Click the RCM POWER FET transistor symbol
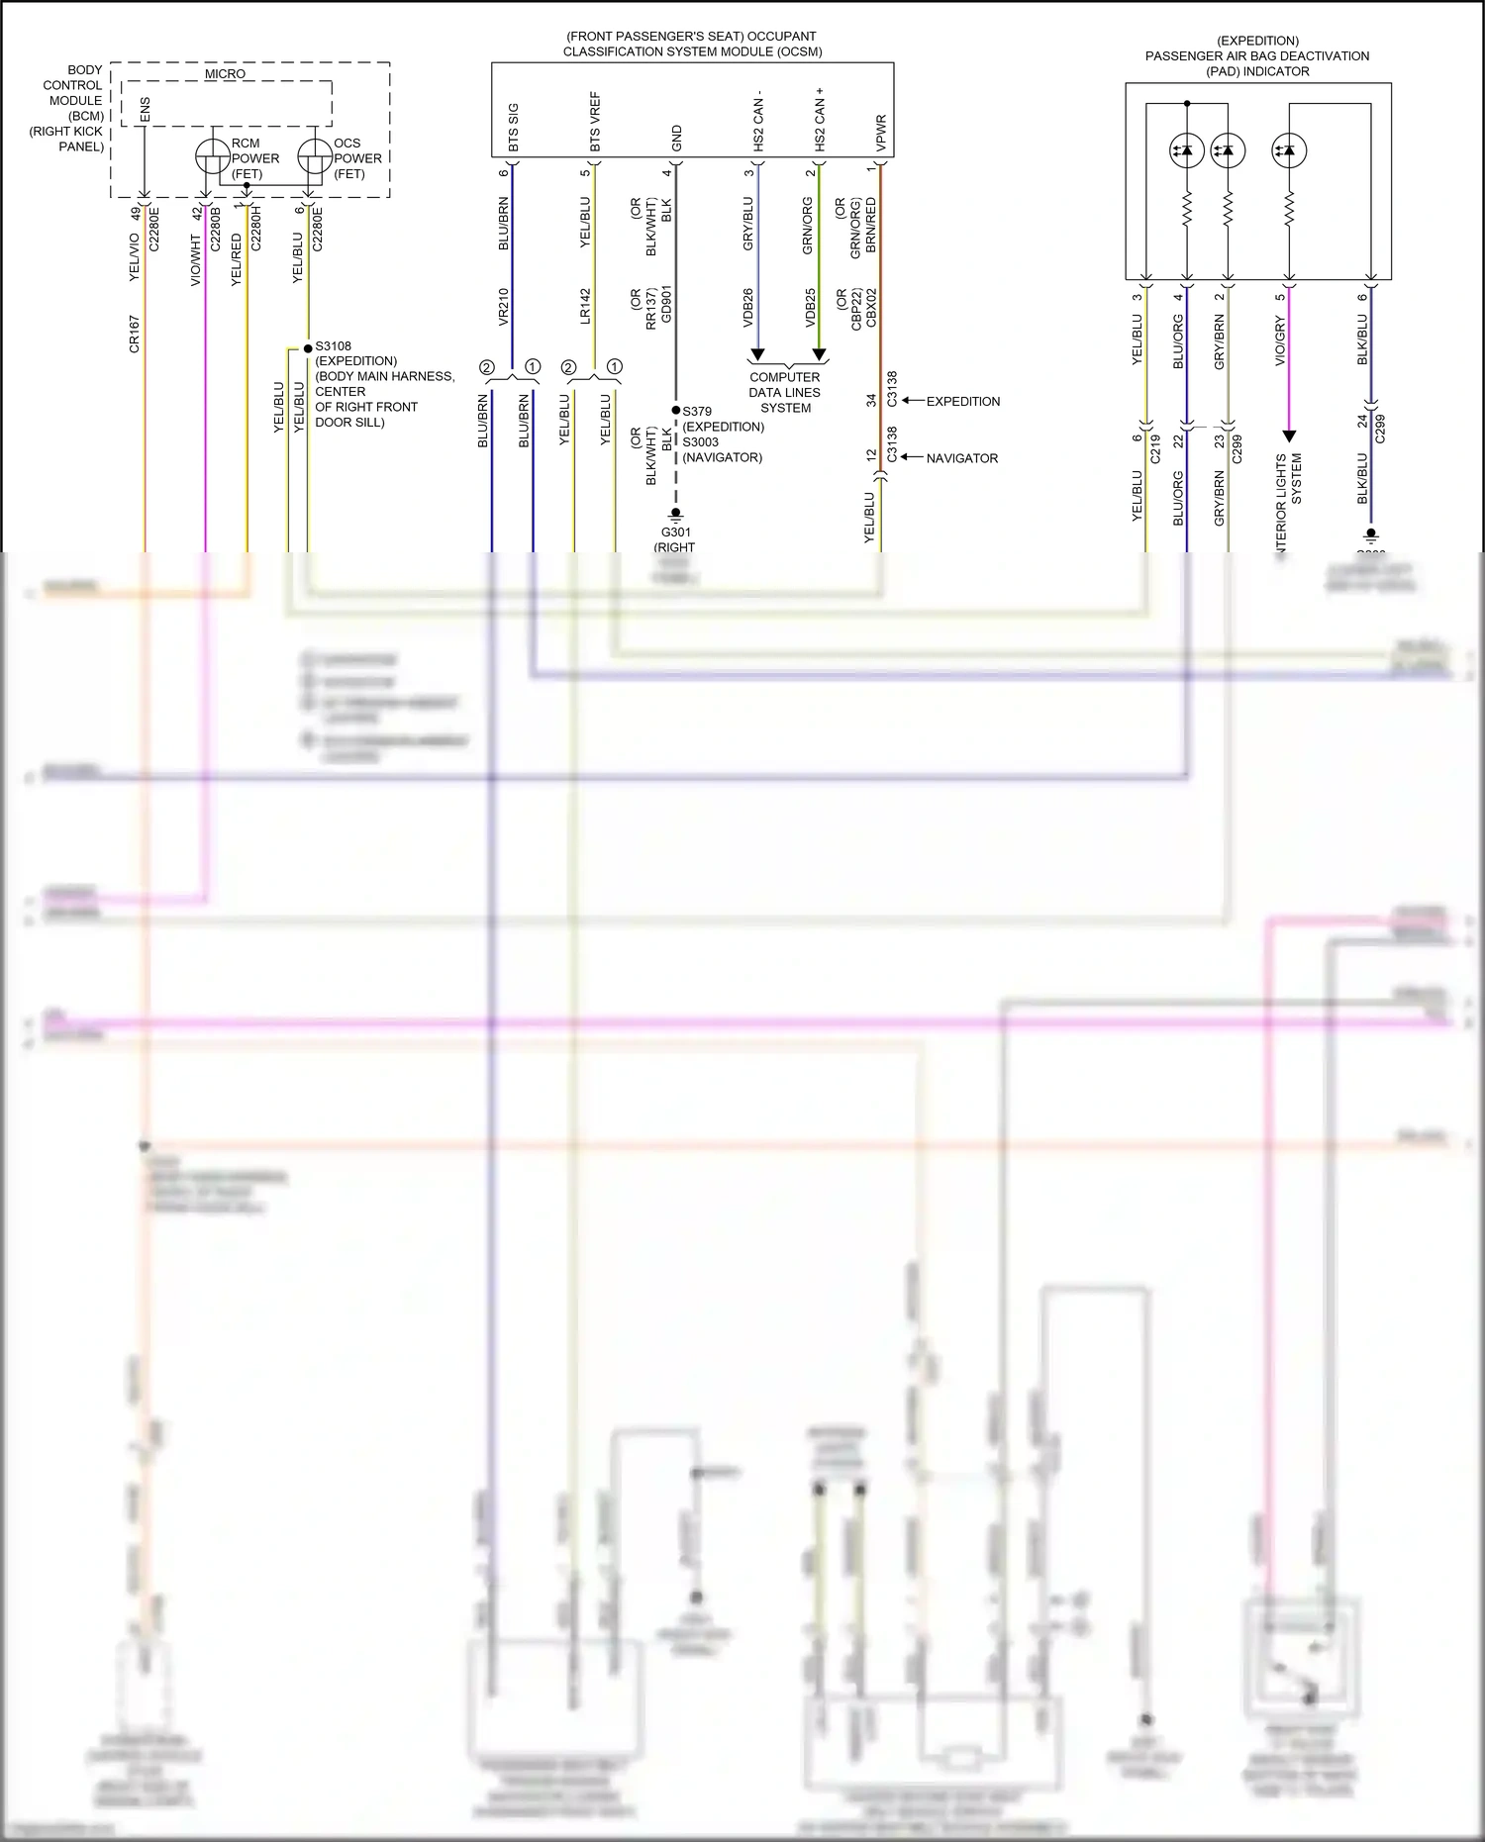[212, 156]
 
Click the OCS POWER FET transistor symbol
[314, 156]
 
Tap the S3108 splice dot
[308, 348]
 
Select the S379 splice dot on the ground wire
[676, 410]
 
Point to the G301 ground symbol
[676, 515]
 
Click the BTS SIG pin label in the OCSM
[513, 128]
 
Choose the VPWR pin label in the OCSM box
[881, 133]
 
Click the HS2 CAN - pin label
[758, 122]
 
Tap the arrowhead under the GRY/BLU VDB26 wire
[757, 354]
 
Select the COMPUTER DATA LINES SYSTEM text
[785, 392]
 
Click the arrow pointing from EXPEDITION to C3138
[912, 401]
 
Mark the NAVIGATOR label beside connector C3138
[961, 458]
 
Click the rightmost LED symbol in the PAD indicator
[1289, 151]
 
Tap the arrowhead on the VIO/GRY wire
[1289, 436]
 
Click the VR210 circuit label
[503, 307]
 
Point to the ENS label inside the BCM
[146, 110]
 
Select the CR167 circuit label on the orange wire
[134, 335]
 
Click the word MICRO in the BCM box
[225, 74]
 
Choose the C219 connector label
[1155, 449]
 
